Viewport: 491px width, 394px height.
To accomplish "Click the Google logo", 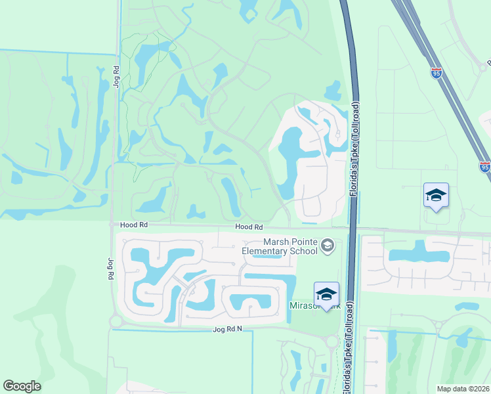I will (x=22, y=386).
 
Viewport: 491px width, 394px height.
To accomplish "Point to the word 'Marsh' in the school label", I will (x=277, y=242).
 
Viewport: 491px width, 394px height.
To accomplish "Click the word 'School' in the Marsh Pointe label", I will (x=304, y=251).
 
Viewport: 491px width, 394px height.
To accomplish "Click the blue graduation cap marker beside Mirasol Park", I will (x=326, y=294).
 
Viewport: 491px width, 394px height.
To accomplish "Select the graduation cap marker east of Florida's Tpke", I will (x=436, y=195).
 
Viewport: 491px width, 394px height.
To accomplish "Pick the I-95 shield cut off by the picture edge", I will (x=484, y=167).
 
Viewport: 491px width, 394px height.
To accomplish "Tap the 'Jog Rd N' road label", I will (x=228, y=328).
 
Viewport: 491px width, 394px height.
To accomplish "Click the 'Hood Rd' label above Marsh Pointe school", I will (x=249, y=227).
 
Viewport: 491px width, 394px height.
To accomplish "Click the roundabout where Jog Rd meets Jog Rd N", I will (x=116, y=322).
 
